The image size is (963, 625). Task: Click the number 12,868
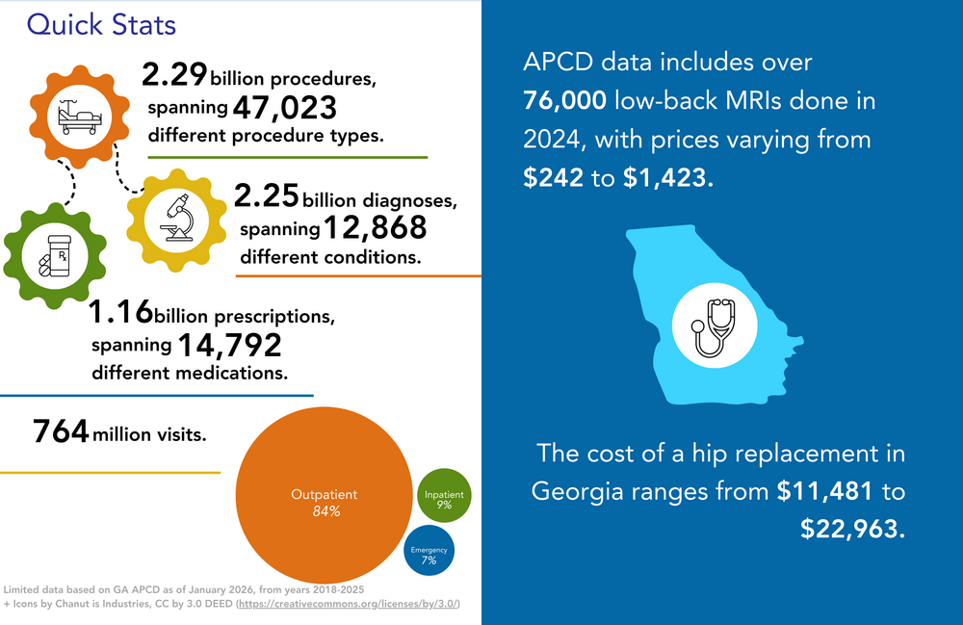tap(375, 228)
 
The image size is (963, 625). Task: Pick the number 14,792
tap(229, 342)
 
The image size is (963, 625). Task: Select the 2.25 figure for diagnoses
tap(266, 198)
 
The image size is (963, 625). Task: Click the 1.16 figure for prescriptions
tap(120, 313)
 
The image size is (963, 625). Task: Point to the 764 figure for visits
tap(61, 432)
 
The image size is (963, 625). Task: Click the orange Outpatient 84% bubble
tap(324, 502)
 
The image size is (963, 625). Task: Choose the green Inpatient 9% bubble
tap(444, 499)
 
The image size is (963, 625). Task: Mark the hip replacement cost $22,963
tap(852, 529)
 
